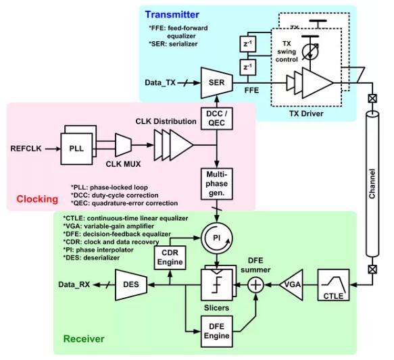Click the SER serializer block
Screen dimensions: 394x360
pyautogui.click(x=217, y=82)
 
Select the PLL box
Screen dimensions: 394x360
pyautogui.click(x=76, y=149)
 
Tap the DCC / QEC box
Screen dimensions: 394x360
pyautogui.click(x=217, y=118)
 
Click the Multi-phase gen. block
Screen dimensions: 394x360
pyautogui.click(x=217, y=184)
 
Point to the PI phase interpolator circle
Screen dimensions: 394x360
pyautogui.click(x=217, y=238)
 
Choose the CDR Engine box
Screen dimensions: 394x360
pyautogui.click(x=170, y=257)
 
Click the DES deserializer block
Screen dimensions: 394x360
pyautogui.click(x=131, y=284)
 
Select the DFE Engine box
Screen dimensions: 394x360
pyautogui.click(x=217, y=332)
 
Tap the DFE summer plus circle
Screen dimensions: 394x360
pyautogui.click(x=256, y=285)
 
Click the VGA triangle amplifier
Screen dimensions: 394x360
pyautogui.click(x=291, y=284)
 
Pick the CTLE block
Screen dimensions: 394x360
pyautogui.click(x=333, y=285)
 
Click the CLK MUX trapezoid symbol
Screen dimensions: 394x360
pyautogui.click(x=123, y=145)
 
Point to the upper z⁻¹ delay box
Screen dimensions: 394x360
pyautogui.click(x=248, y=44)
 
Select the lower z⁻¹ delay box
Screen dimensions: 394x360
pyautogui.click(x=248, y=68)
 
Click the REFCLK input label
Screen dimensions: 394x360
pyautogui.click(x=26, y=149)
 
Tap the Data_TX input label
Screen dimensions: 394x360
pyautogui.click(x=160, y=82)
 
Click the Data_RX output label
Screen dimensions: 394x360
pyautogui.click(x=74, y=284)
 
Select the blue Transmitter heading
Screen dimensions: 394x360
pyautogui.click(x=172, y=15)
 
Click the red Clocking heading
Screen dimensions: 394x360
pyautogui.click(x=37, y=199)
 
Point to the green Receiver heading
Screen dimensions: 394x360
pyautogui.click(x=84, y=338)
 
